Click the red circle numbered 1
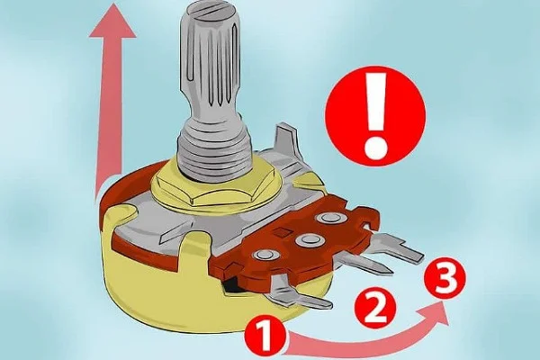point(265,335)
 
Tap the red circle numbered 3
point(445,277)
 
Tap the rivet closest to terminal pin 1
point(265,256)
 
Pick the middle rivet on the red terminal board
point(307,238)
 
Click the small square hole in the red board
point(282,231)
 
